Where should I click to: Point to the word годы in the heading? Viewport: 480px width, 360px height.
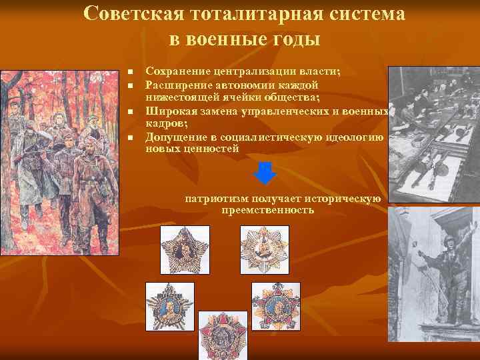pyautogui.click(x=296, y=39)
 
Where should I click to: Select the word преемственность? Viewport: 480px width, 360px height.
pyautogui.click(x=267, y=210)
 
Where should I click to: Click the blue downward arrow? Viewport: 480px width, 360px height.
pyautogui.click(x=265, y=173)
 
